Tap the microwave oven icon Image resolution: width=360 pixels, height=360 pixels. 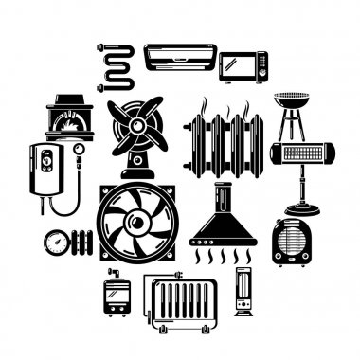tap(243, 66)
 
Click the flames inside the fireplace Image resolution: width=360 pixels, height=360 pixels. tap(69, 127)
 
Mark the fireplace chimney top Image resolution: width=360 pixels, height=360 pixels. tap(69, 99)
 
